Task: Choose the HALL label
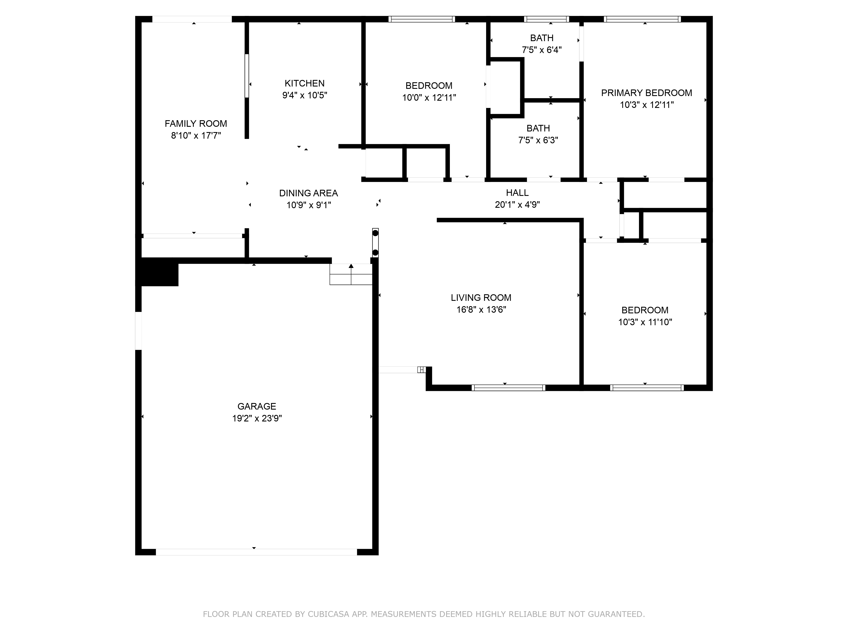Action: coord(517,193)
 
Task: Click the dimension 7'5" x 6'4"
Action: coord(542,50)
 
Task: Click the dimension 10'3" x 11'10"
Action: coord(645,322)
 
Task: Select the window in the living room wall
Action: coord(508,388)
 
